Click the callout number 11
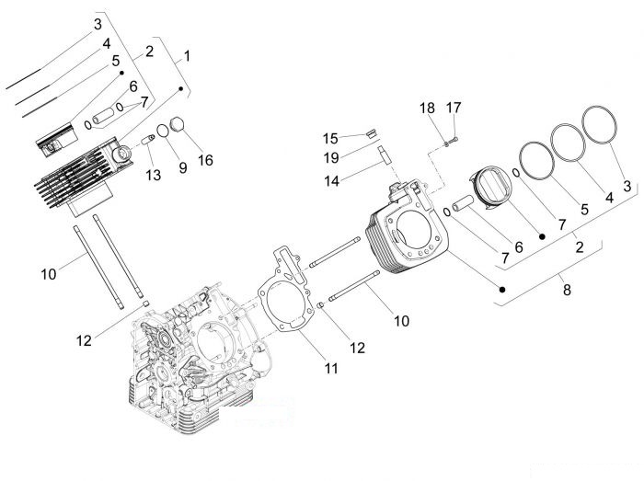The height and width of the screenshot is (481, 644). click(x=331, y=368)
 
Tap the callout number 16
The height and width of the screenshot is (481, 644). click(x=205, y=160)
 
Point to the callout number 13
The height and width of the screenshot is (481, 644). click(x=154, y=175)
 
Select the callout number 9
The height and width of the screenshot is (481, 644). click(x=183, y=167)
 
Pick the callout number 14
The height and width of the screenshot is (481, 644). click(x=331, y=180)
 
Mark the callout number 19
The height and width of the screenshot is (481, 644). click(x=330, y=157)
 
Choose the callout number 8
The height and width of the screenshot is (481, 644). click(x=567, y=290)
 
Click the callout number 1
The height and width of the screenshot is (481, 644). click(x=187, y=56)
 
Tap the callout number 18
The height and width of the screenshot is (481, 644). click(x=427, y=108)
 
